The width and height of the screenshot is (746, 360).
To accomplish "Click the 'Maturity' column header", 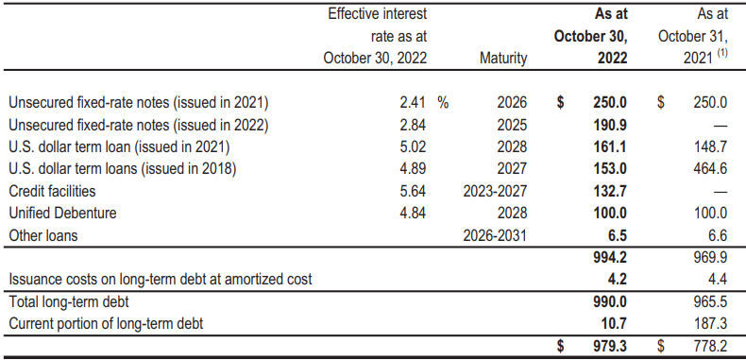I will [503, 59].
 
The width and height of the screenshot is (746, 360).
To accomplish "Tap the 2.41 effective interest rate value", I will [413, 102].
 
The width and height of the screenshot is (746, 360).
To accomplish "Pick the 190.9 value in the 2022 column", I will [611, 125].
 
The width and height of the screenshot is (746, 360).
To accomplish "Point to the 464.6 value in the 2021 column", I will [709, 169].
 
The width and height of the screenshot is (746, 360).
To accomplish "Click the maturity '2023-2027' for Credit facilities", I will [496, 192].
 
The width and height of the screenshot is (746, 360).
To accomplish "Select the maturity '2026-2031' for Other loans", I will [496, 236].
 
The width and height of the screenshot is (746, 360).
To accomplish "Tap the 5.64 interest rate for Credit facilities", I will [413, 192].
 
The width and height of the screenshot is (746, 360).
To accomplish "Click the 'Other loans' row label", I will [43, 236].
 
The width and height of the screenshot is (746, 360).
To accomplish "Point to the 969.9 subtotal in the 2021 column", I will [709, 257].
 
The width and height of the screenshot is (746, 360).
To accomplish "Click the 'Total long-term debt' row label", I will [68, 302].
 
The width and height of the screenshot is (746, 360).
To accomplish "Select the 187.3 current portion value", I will [709, 324].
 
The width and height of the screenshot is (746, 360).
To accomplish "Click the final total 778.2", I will [709, 347].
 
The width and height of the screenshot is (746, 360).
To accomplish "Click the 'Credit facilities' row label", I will [52, 192].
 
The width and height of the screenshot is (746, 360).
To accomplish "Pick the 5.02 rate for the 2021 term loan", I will [413, 147].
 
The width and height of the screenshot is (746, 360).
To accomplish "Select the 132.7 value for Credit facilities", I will [611, 192].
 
